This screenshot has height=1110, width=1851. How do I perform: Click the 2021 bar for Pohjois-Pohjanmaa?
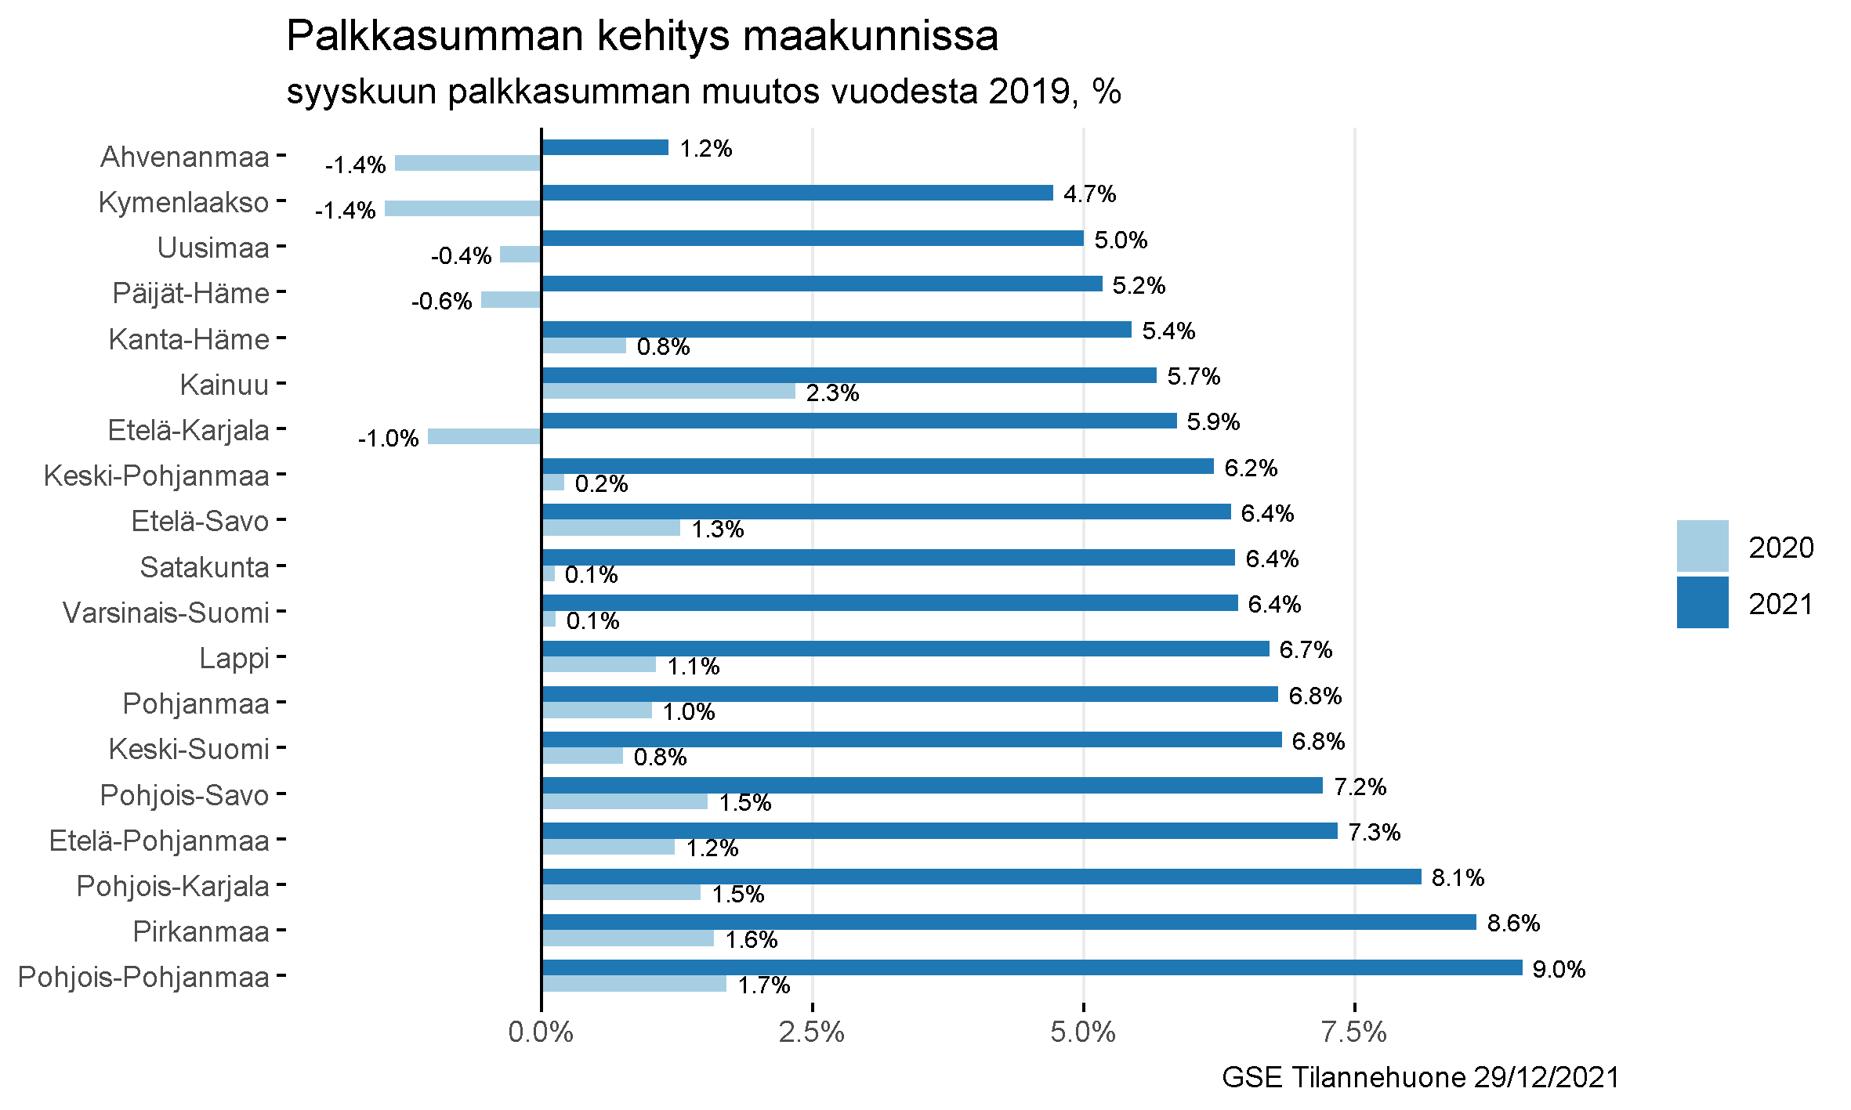[x=1031, y=967]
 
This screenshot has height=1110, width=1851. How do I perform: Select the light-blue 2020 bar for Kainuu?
[x=668, y=391]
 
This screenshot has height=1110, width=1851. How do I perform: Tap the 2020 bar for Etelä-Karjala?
[x=484, y=436]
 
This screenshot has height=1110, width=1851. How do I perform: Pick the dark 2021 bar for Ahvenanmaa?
[x=605, y=147]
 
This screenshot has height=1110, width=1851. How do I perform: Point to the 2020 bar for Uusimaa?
[x=520, y=254]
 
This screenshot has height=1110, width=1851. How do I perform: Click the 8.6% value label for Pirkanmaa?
[x=1513, y=923]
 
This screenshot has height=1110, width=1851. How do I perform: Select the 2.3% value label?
[x=832, y=392]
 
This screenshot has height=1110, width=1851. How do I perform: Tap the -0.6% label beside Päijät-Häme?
[x=441, y=302]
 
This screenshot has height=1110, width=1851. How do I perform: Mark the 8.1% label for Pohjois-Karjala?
[x=1458, y=877]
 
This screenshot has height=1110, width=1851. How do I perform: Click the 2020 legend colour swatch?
[x=1702, y=546]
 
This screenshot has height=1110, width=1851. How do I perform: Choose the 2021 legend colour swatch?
[x=1702, y=602]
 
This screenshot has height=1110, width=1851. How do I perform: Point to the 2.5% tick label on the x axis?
[x=812, y=1032]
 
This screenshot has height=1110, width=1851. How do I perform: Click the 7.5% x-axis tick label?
[x=1354, y=1032]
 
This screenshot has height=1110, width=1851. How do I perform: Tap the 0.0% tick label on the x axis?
[x=541, y=1032]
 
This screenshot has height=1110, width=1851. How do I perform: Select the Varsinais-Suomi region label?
[x=166, y=613]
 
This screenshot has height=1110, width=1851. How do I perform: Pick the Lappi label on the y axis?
[x=234, y=658]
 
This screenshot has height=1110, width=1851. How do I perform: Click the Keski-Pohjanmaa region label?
[x=156, y=475]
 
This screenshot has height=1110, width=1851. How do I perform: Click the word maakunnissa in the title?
[x=870, y=36]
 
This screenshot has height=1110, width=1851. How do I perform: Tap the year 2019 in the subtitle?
[x=1029, y=92]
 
